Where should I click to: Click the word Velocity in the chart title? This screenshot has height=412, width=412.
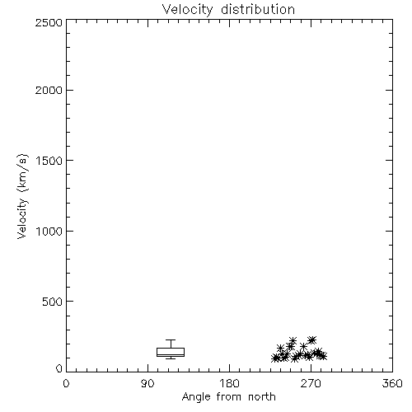187,10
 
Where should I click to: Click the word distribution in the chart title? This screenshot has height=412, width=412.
258,9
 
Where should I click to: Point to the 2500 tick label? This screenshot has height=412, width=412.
49,22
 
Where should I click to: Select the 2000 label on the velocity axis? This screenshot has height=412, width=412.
49,90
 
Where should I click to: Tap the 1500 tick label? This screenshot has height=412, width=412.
49,161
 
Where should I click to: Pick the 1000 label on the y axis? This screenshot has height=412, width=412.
49,232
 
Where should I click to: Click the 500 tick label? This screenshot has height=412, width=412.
53,302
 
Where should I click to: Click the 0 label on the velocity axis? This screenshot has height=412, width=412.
59,368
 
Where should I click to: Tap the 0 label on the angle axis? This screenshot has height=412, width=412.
66,383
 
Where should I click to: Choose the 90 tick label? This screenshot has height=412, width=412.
147,383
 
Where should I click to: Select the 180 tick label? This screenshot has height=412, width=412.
228,383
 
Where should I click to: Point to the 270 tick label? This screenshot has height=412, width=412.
311,383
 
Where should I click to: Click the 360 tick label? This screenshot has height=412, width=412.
392,383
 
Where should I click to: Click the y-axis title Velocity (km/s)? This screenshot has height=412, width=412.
22,196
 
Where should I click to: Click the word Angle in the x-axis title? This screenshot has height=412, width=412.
196,398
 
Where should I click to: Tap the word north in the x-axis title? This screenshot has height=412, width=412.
262,396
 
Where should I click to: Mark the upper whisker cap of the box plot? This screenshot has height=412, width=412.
171,340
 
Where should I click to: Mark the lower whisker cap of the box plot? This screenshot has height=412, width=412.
171,358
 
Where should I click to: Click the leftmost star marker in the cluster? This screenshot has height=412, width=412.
275,358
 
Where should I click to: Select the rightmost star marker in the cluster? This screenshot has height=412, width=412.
323,356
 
